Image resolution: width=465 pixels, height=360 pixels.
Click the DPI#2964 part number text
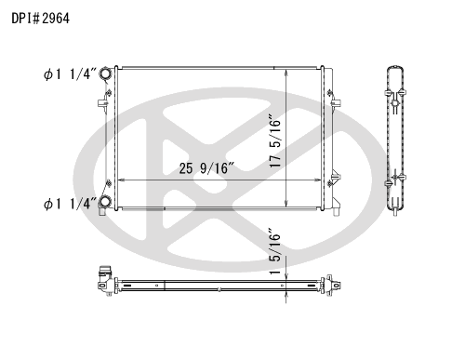(x=41, y=19)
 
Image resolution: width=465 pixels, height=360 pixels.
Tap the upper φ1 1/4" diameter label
(x=67, y=74)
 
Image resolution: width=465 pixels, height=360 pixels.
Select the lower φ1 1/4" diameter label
(x=67, y=204)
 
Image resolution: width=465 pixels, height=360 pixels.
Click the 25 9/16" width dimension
(x=206, y=168)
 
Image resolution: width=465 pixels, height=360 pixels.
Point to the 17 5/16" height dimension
(x=275, y=141)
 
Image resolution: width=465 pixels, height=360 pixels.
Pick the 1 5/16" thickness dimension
(x=275, y=252)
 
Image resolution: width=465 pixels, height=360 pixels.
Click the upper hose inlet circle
(x=105, y=73)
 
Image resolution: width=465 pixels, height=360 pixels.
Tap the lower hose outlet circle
(x=105, y=202)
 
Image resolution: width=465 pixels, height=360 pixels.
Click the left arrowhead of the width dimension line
(x=121, y=180)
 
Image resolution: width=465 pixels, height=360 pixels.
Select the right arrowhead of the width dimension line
(x=317, y=180)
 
